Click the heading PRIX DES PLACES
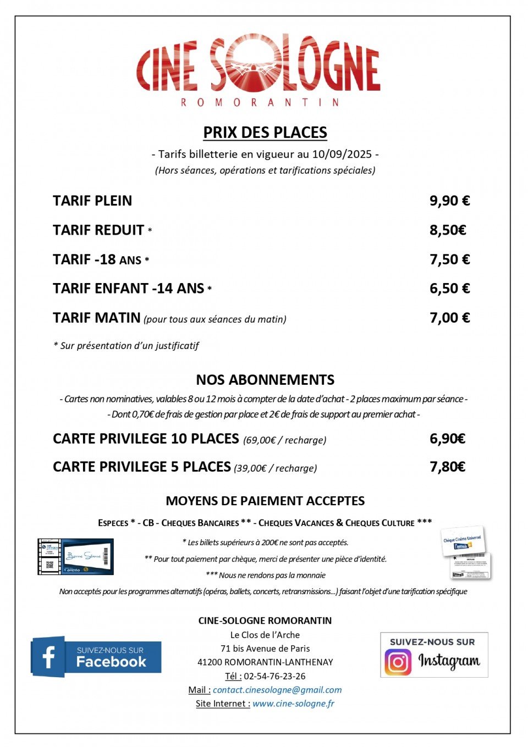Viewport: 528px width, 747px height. pos(265,132)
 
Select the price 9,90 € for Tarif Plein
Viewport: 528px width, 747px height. pos(449,201)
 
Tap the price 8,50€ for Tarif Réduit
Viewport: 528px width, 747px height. pos(448,230)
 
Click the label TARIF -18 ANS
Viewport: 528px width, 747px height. pos(97,259)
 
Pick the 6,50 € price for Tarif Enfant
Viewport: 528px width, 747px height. pos(449,289)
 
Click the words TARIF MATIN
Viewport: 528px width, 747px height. pos(97,318)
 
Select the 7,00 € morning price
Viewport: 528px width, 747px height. pos(449,318)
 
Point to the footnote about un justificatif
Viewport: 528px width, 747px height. pos(126,346)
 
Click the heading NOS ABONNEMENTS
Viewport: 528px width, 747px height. pos(265,380)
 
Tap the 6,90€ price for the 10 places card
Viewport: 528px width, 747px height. pos(447,439)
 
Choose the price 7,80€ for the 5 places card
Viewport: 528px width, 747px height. pos(447,467)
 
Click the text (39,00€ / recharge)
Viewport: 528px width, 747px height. pos(276,468)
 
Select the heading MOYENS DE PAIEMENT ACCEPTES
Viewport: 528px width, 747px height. pos(265,501)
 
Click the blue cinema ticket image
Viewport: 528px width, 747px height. pos(76,557)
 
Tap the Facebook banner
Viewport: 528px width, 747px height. pos(96,656)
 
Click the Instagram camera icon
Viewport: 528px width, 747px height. pos(398,662)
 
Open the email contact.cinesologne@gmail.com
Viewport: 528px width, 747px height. pos(277,690)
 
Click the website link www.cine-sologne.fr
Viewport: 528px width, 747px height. pos(293,704)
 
